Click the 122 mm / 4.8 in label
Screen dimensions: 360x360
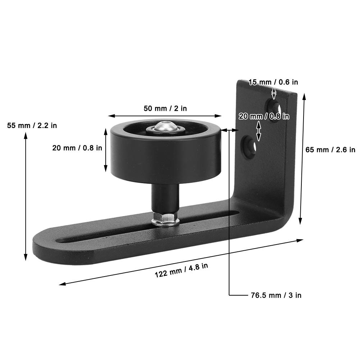[x=181, y=270]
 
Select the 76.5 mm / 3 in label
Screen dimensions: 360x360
[x=276, y=295]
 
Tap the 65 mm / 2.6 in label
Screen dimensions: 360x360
[x=330, y=150]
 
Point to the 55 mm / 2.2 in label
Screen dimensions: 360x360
[x=32, y=126]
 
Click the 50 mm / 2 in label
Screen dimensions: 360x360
[x=165, y=108]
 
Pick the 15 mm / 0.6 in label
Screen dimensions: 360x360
[x=273, y=82]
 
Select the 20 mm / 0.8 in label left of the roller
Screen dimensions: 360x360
[x=77, y=148]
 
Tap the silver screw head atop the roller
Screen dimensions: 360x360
[x=165, y=126]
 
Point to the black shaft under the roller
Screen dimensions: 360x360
[x=165, y=198]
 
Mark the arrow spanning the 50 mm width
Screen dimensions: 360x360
[x=165, y=116]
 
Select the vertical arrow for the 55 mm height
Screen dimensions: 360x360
[x=26, y=196]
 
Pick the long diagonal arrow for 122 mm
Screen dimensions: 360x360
[x=181, y=261]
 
